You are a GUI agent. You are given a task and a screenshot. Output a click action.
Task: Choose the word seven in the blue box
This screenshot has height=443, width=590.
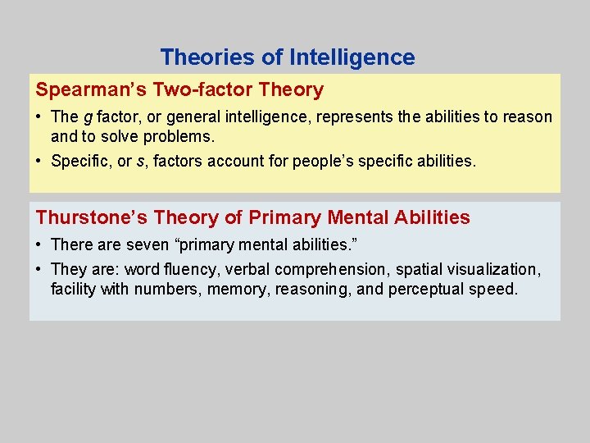(x=147, y=244)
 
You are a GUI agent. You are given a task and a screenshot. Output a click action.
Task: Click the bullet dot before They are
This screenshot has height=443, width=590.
(x=40, y=269)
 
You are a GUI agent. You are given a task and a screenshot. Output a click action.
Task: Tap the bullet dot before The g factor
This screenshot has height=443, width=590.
(x=40, y=117)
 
